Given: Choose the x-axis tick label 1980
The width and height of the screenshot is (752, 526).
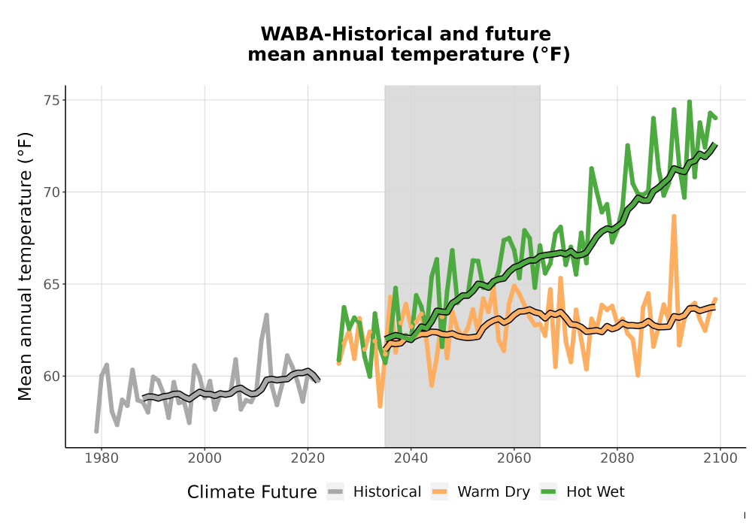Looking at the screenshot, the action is point(102,458).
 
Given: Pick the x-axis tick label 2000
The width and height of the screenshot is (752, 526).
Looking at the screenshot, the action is point(205,458).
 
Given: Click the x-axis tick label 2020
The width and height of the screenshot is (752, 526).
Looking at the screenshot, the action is point(308,458).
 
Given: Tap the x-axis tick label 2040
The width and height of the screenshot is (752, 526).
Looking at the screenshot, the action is point(411,458).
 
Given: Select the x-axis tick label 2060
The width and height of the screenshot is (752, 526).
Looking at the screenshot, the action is point(514,458).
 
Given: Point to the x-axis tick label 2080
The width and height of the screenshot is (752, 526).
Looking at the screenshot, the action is point(617,458).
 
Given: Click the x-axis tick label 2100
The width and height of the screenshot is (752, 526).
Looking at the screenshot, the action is point(720,458).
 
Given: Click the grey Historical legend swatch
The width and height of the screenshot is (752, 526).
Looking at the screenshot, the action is point(335,491).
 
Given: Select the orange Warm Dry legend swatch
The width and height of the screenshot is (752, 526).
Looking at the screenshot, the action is point(439,491).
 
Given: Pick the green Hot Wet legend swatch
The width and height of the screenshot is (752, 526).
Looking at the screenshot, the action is point(548,491).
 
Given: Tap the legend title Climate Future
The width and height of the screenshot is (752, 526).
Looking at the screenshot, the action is point(252,492).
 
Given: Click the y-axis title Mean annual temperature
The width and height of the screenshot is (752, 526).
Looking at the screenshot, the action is point(25,266).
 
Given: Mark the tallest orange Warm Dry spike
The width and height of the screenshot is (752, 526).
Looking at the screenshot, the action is point(674,216).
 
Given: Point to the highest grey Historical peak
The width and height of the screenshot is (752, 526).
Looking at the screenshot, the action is point(267,315).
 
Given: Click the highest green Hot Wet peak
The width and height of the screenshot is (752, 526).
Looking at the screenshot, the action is point(690,101).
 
